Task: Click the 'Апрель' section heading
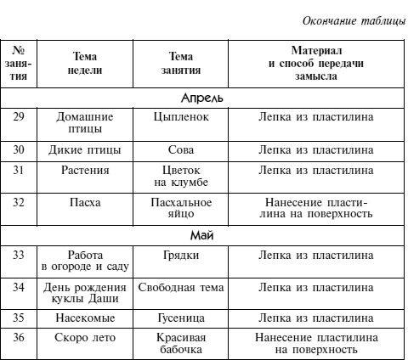tap(204, 97)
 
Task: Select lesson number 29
tap(19, 116)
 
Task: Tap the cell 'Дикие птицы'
tap(85, 149)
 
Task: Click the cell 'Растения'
tap(85, 170)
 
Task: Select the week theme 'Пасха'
tap(85, 202)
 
